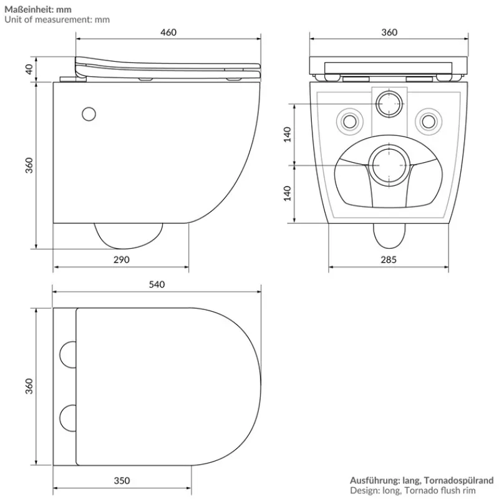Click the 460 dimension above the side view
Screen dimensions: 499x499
pyautogui.click(x=168, y=32)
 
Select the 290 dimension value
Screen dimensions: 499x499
pyautogui.click(x=122, y=259)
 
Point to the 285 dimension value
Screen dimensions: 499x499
pyautogui.click(x=389, y=259)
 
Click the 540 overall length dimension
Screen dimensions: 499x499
pyautogui.click(x=157, y=284)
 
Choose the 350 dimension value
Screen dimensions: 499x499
pyautogui.click(x=122, y=480)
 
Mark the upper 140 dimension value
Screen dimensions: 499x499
pyautogui.click(x=288, y=134)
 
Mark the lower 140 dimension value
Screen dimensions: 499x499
pyautogui.click(x=288, y=193)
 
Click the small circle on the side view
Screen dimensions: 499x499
pyautogui.click(x=89, y=114)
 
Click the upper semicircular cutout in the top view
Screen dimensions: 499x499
pyautogui.click(x=66, y=354)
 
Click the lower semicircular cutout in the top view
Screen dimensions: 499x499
pyautogui.click(x=66, y=417)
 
